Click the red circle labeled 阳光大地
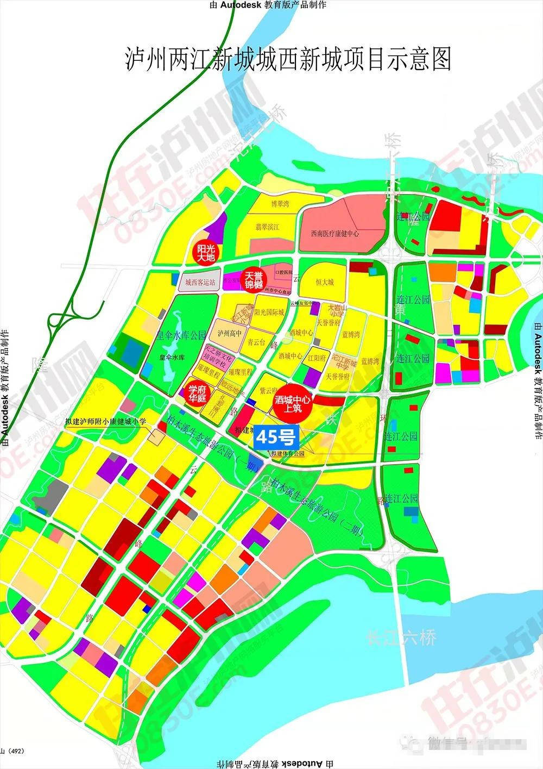pyautogui.click(x=206, y=252)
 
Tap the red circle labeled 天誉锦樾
pyautogui.click(x=255, y=280)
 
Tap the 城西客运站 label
pyautogui.click(x=200, y=283)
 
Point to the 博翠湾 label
pyautogui.click(x=280, y=204)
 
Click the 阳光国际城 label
pyautogui.click(x=270, y=312)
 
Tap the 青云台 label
pyautogui.click(x=256, y=343)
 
